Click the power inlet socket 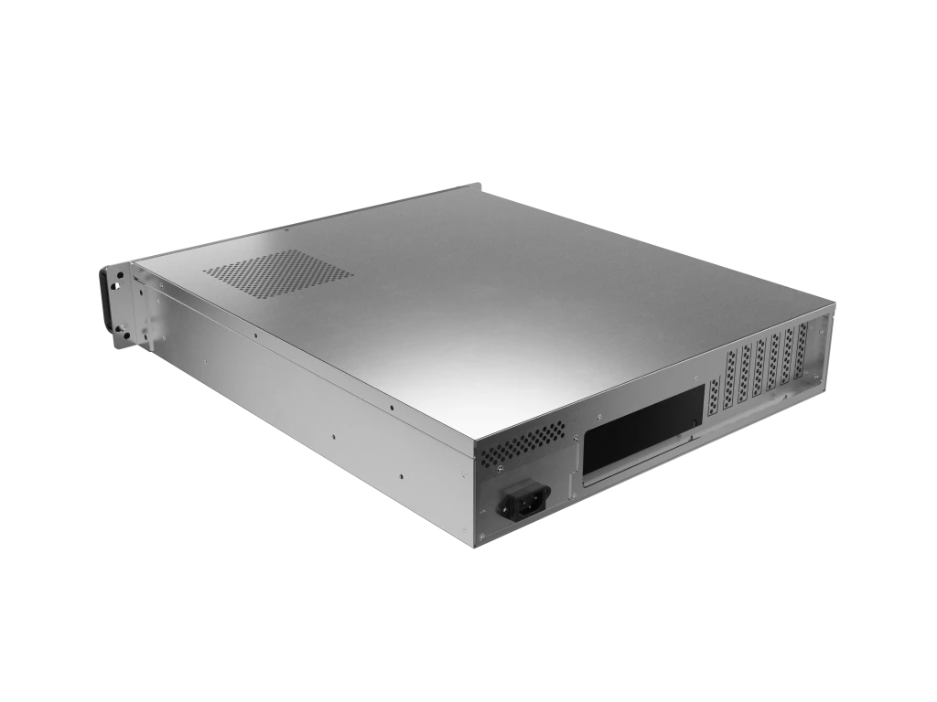pos(523,502)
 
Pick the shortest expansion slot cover pos(715,402)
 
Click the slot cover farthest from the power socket pos(803,355)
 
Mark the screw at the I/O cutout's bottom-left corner pos(573,476)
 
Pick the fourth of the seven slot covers pos(759,371)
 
